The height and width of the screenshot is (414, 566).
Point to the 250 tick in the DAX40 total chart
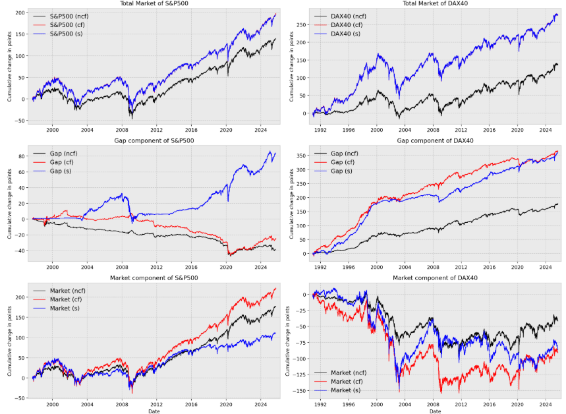pos(304,25)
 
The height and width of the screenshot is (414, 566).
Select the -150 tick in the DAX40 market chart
pos(302,391)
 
